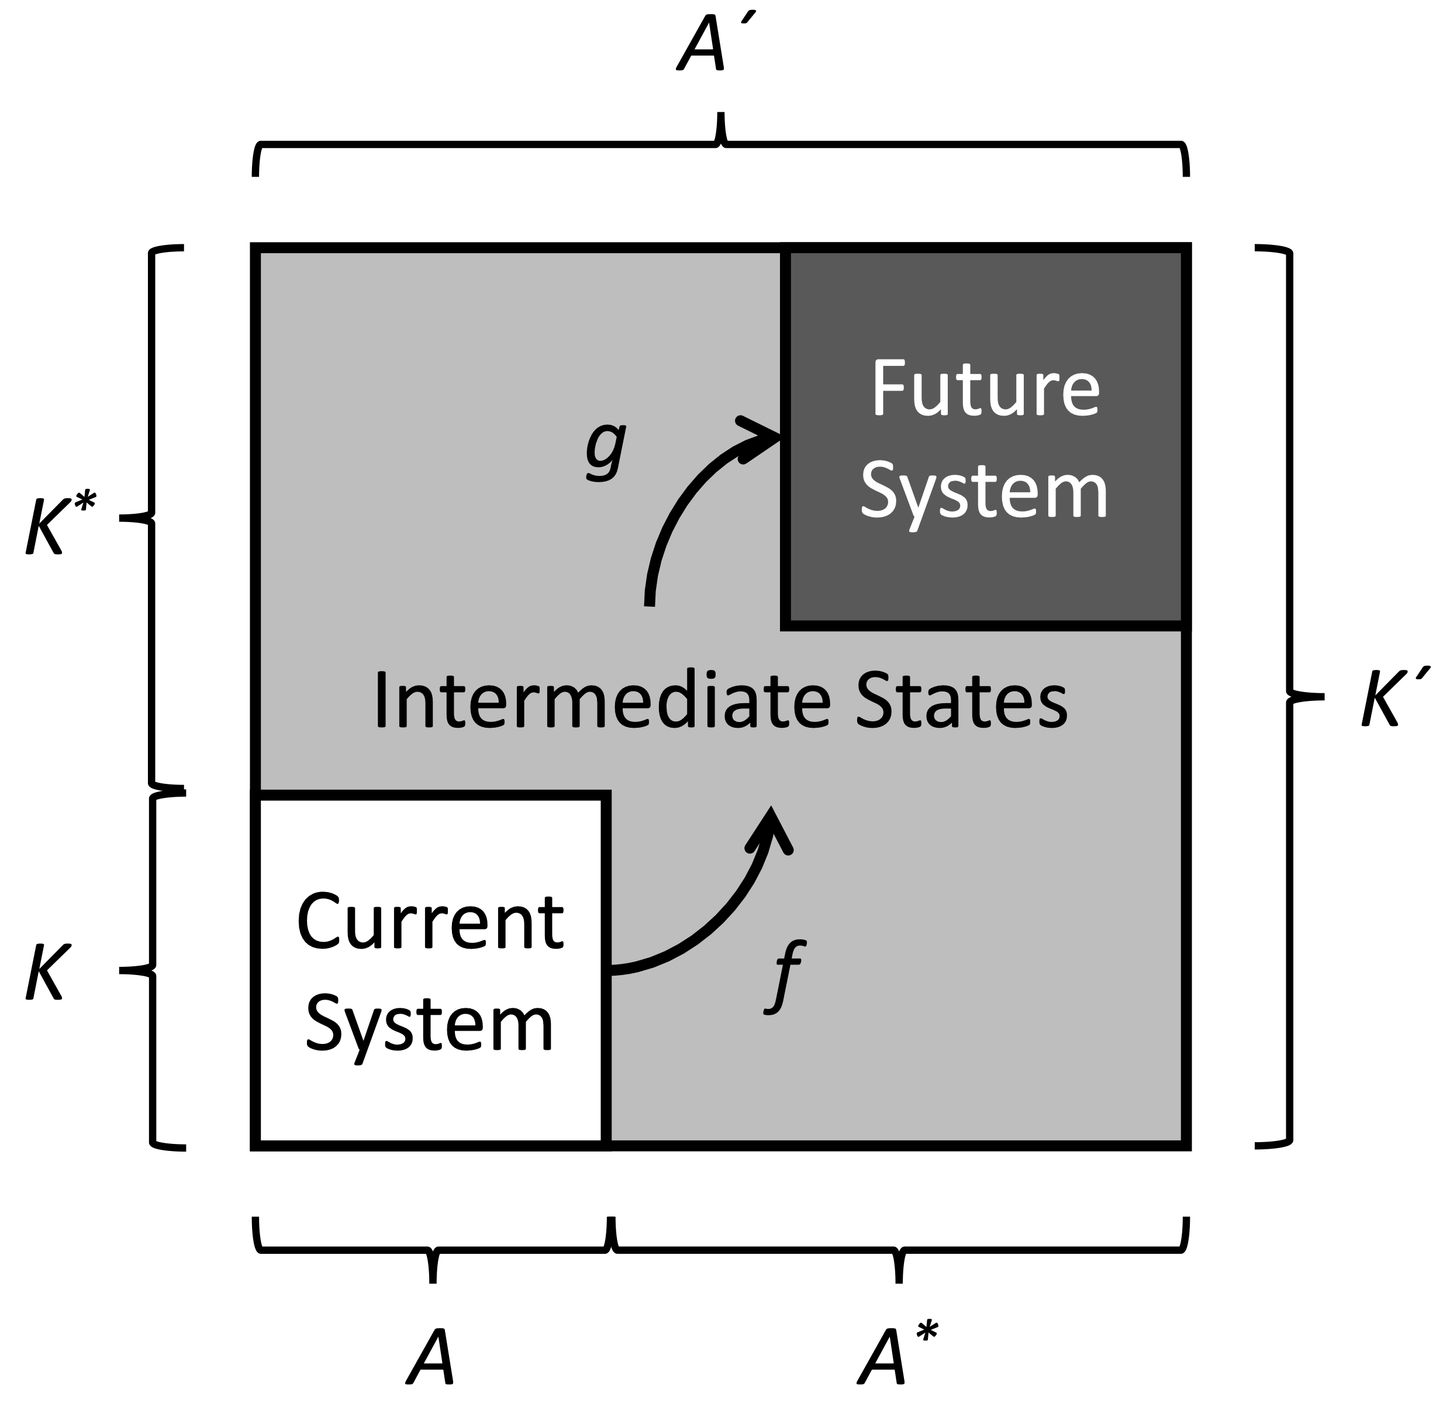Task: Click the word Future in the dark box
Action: [x=986, y=389]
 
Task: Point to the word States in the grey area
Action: [x=960, y=700]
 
